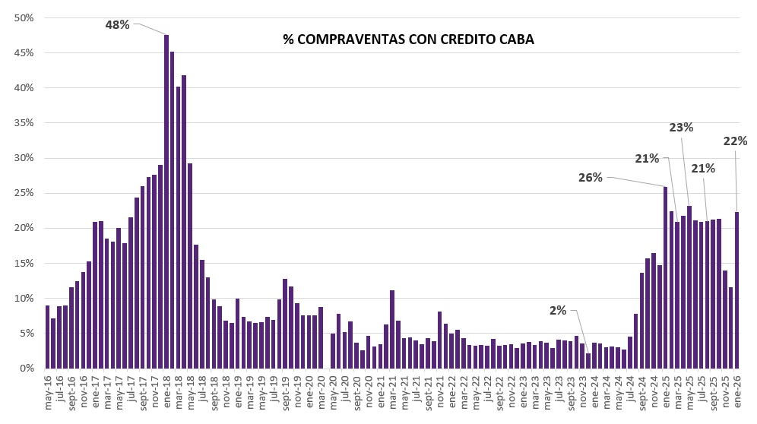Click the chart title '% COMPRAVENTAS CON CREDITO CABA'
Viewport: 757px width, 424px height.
[408, 40]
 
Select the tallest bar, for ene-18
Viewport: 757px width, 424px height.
[166, 201]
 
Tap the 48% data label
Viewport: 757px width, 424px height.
[117, 24]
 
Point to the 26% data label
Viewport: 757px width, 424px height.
[590, 178]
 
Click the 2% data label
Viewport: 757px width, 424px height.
[558, 310]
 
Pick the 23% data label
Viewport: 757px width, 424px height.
[681, 128]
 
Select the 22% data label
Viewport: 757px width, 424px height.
[735, 141]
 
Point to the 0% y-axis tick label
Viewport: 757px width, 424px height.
[27, 369]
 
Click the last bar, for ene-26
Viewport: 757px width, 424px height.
[737, 290]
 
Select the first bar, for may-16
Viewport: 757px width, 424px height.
[47, 337]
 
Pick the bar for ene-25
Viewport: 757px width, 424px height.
[666, 277]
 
